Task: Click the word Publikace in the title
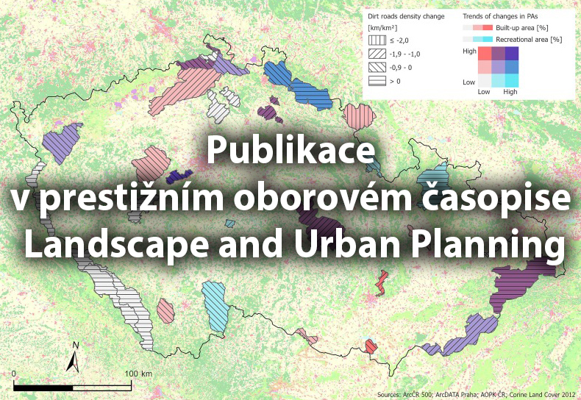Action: click(291, 153)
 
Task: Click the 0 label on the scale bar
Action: click(14, 374)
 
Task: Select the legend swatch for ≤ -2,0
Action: click(376, 40)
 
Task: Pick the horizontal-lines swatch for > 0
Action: click(376, 81)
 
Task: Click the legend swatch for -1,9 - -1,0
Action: click(376, 54)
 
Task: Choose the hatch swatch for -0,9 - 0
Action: click(376, 67)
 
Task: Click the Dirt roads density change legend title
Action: click(406, 15)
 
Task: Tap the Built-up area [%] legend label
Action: click(519, 26)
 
